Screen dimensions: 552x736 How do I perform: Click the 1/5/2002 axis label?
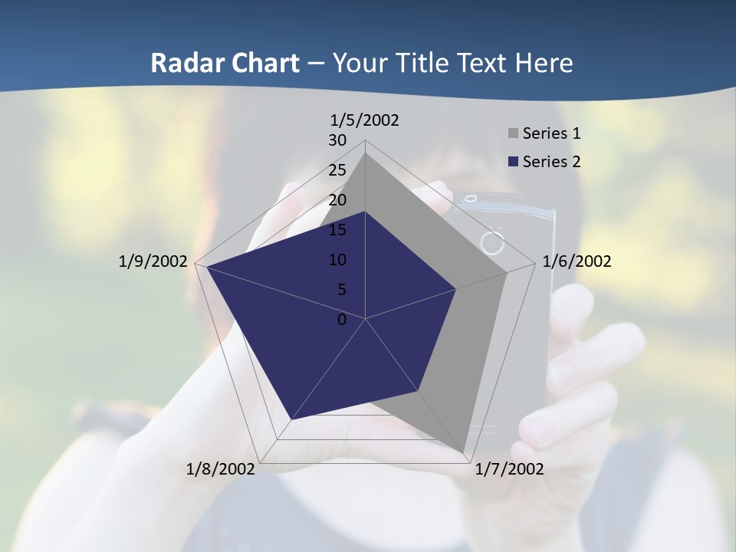pos(365,120)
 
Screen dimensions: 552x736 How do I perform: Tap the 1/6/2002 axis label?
pos(577,261)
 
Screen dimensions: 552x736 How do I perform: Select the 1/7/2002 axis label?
pos(509,468)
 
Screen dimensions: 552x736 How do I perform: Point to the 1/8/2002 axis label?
pos(221,468)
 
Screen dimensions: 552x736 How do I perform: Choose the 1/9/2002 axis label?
pos(153,261)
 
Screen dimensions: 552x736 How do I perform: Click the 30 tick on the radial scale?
pos(337,140)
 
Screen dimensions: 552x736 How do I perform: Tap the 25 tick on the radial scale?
pos(337,170)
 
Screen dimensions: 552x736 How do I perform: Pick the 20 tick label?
pos(337,200)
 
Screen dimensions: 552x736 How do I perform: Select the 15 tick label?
pos(337,230)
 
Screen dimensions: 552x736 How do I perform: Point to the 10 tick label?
pos(337,260)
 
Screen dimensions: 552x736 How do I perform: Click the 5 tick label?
pos(341,290)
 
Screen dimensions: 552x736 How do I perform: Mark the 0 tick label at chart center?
pos(342,320)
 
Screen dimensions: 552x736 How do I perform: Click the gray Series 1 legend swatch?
pos(513,134)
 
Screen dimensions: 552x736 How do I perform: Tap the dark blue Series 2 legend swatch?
pos(513,162)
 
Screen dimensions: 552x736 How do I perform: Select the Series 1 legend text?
pos(551,133)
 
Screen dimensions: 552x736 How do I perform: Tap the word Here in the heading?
pos(544,63)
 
